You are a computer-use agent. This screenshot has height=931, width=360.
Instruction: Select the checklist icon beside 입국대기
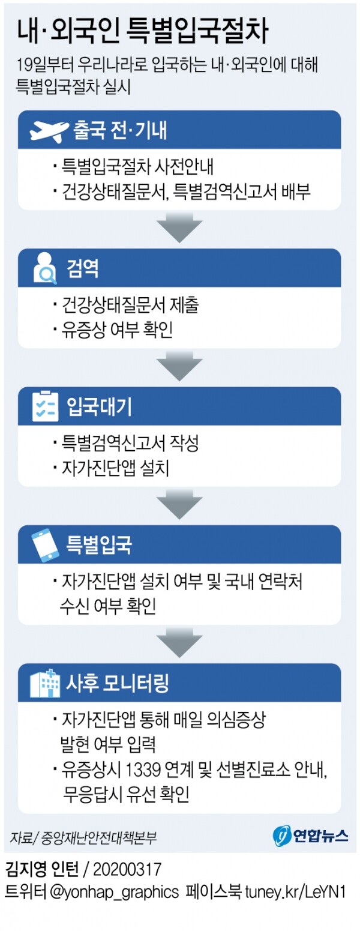[x=46, y=406]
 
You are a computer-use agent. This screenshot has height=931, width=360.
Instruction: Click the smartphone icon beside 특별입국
[x=46, y=544]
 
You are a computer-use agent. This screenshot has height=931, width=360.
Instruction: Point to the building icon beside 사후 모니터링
[x=46, y=682]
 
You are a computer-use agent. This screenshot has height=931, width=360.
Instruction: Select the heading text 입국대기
[x=100, y=406]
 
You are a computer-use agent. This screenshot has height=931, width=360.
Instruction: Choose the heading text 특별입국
[x=100, y=544]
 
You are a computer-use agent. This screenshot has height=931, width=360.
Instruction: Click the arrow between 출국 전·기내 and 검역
[x=179, y=227]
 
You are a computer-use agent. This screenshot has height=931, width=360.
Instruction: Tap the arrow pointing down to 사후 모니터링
[x=179, y=642]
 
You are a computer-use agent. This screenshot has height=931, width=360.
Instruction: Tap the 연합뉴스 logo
[x=311, y=835]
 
